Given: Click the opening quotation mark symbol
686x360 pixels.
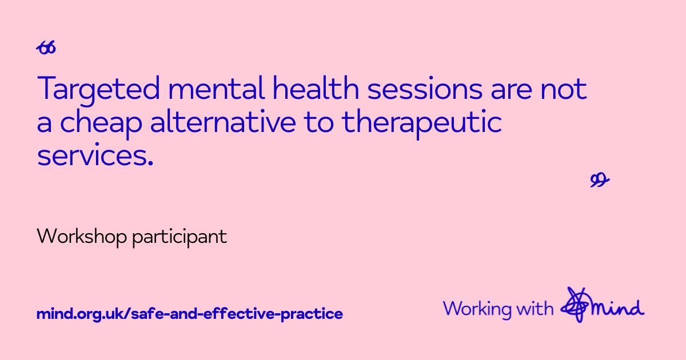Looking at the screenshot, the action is pos(46,47).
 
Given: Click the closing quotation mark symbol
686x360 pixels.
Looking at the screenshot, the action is pos(600,179).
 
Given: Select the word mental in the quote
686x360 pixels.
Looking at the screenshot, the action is pos(216,88).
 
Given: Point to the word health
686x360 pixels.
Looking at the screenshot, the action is pos(316,88).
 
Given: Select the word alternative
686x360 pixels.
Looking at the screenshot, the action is pos(224,122).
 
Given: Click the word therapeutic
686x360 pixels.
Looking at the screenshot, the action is pos(422,125).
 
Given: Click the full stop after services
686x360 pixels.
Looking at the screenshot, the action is pos(150,163).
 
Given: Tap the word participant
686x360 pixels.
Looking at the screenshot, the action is pos(180,238).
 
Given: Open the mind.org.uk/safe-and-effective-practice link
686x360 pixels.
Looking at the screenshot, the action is pos(190,314).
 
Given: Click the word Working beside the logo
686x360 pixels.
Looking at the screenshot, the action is pos(477,310).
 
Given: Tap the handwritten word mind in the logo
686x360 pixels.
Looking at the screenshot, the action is pos(617,309).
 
